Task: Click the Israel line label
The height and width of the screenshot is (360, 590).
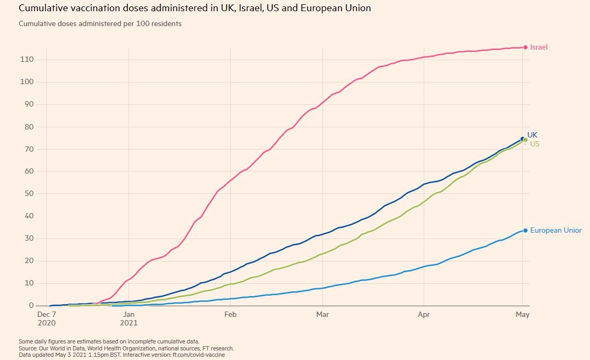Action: [539, 47]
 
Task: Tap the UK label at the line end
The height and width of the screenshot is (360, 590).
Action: [532, 135]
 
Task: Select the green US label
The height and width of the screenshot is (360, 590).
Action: [535, 144]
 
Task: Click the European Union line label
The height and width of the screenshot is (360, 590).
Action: [556, 231]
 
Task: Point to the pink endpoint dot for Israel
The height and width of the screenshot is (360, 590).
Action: [526, 47]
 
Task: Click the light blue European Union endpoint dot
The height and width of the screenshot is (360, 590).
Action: [526, 231]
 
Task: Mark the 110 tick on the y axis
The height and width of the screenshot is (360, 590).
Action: [27, 60]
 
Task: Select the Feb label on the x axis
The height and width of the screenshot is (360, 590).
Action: [230, 315]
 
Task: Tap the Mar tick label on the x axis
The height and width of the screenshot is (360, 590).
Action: [322, 315]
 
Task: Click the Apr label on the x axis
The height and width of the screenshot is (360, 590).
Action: [424, 315]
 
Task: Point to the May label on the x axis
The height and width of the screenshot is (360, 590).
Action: [522, 315]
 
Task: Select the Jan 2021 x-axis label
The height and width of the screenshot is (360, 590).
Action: [129, 318]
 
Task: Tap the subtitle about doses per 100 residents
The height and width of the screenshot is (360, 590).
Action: [100, 24]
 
